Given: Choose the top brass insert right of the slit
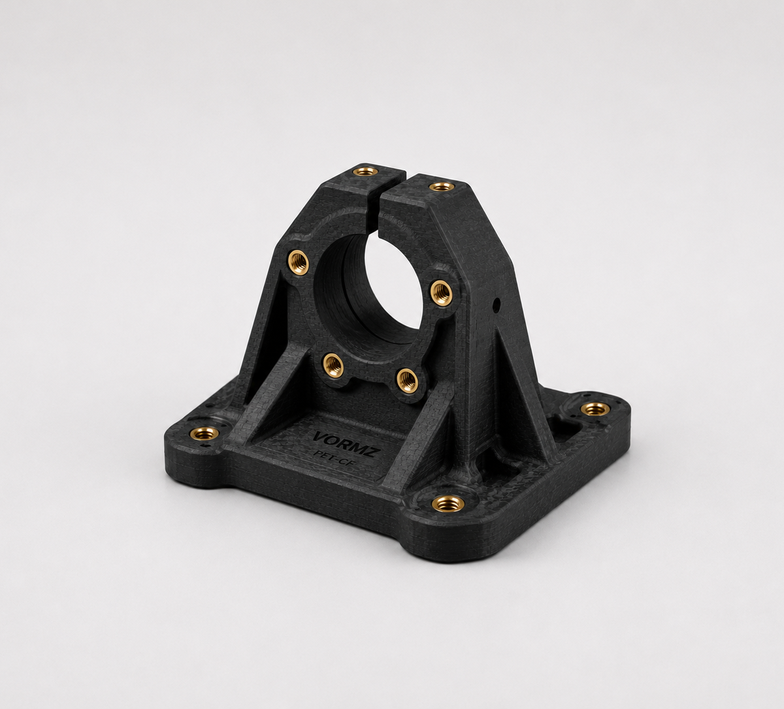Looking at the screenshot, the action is click(440, 186).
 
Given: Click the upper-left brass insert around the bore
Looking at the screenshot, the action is click(298, 261).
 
